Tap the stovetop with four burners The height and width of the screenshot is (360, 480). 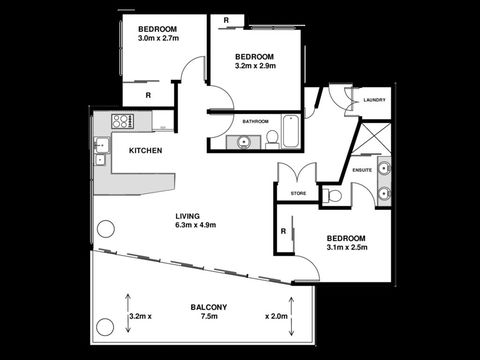pos(122,122)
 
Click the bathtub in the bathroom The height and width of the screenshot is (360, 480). pos(291,130)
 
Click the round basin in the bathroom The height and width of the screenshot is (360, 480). pos(243,141)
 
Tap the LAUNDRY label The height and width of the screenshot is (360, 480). pos(374,100)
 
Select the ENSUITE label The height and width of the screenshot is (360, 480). pos(363,170)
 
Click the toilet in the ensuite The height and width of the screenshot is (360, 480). pos(333,195)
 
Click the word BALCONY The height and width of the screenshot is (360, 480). pos(209,307)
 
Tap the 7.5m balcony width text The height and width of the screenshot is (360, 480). pos(209,317)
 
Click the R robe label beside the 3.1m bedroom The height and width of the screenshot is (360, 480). pos(284,232)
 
